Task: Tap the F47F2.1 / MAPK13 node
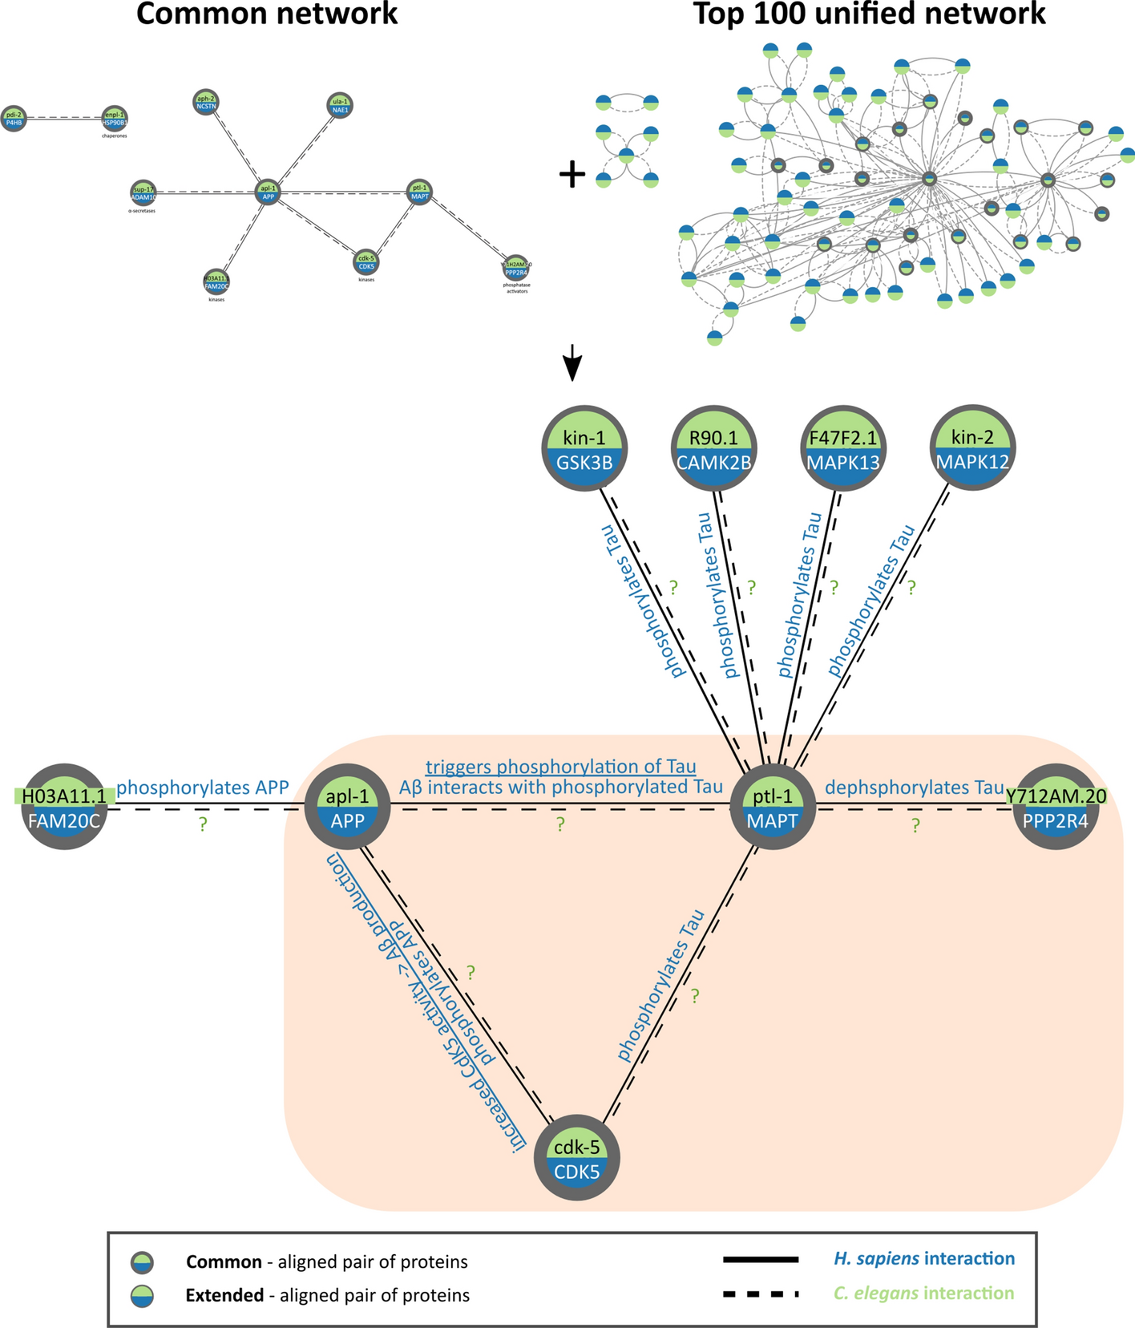[843, 448]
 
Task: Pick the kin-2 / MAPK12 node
[973, 448]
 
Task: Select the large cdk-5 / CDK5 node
[577, 1159]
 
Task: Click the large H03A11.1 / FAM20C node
[64, 806]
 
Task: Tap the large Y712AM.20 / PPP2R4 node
[1056, 806]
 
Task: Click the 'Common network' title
[267, 14]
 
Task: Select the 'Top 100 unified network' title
[869, 14]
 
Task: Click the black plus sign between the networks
[572, 174]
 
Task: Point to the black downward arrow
[571, 362]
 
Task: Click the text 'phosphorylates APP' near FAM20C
[202, 787]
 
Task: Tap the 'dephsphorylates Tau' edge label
[914, 787]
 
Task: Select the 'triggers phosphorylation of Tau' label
[560, 767]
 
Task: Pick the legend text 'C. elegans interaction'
[923, 1293]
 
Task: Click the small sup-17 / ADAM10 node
[143, 192]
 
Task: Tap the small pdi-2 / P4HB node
[14, 119]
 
